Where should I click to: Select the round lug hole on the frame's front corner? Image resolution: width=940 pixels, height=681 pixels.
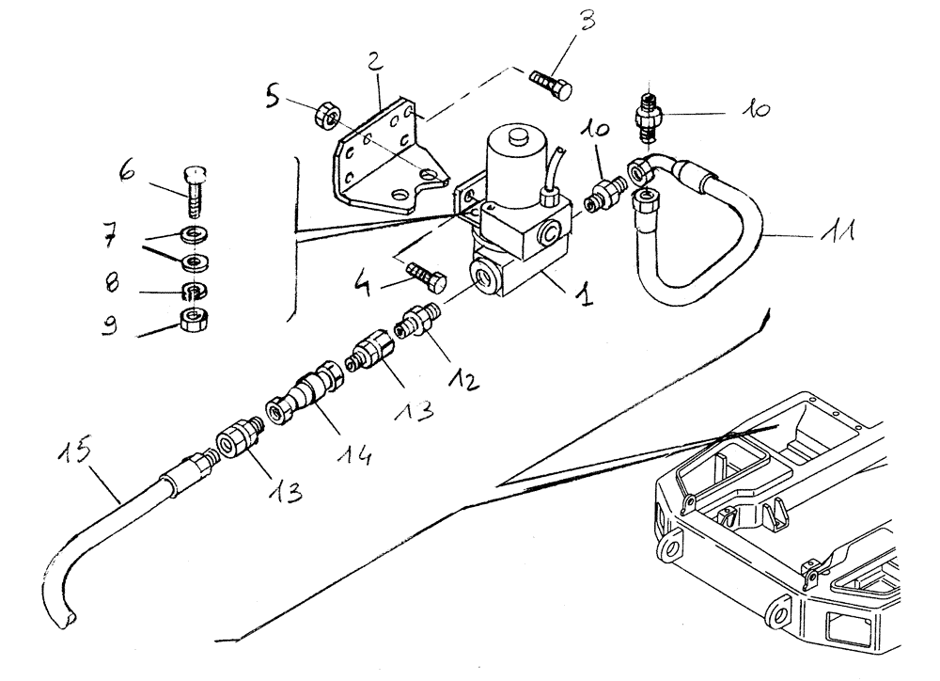(673, 546)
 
